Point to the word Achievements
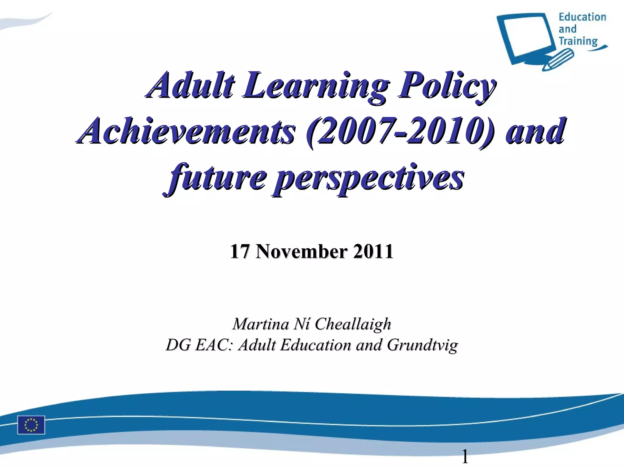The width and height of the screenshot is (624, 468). (186, 131)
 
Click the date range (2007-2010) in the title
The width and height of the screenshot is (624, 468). (399, 132)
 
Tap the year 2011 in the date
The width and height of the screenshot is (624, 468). (373, 251)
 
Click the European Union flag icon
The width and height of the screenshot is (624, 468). (31, 424)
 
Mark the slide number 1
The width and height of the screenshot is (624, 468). (465, 457)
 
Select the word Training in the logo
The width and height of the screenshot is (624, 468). (578, 41)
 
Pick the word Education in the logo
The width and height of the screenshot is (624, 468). (582, 17)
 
